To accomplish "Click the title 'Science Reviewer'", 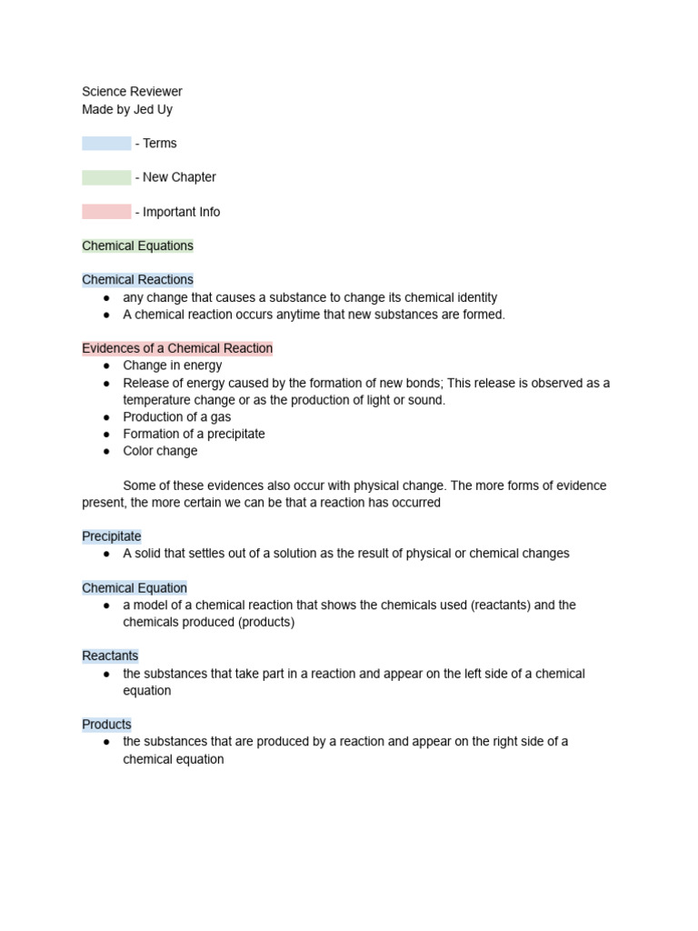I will (x=132, y=92).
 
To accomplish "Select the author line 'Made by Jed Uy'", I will (x=126, y=109).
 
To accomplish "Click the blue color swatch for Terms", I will (x=106, y=144).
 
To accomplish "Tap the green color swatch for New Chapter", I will (x=106, y=177).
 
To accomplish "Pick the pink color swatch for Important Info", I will (x=106, y=212).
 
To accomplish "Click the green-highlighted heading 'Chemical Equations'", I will (x=137, y=245).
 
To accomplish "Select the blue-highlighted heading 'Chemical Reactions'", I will (x=137, y=280).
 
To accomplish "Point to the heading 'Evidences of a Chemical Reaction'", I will (x=177, y=348).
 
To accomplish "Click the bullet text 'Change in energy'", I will (x=173, y=365).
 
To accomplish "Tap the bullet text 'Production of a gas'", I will (x=177, y=417).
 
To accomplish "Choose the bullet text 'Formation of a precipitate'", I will (x=194, y=434).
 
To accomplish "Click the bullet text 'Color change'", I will (x=160, y=451).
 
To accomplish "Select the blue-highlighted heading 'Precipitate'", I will (x=112, y=536).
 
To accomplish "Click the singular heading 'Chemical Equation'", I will (x=135, y=588).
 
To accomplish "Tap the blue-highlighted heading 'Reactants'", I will (x=110, y=656).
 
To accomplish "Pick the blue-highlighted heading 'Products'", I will (x=106, y=725).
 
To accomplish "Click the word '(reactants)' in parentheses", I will (x=501, y=606).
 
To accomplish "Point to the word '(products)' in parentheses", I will (x=266, y=623).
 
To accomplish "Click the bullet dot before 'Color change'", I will (x=106, y=451).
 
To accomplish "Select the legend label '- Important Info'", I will (x=177, y=212).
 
